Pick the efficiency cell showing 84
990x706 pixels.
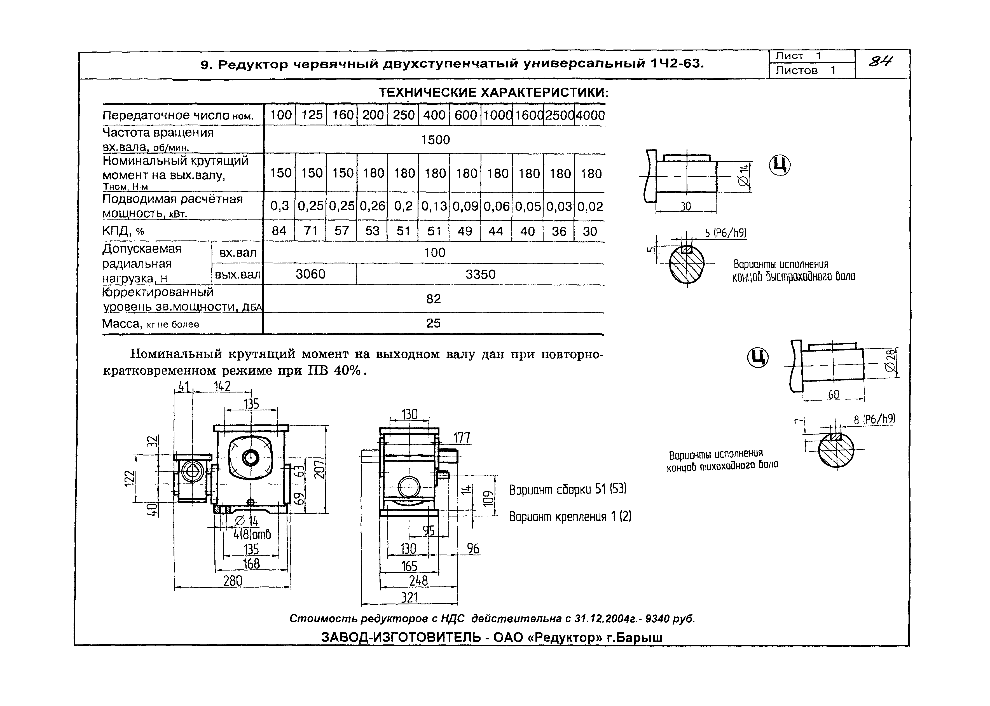point(279,231)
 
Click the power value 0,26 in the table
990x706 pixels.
point(373,206)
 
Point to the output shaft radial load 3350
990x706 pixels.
point(480,274)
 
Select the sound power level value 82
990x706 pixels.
point(434,299)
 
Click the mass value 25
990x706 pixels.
point(433,323)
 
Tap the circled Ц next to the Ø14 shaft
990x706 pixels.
point(780,165)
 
